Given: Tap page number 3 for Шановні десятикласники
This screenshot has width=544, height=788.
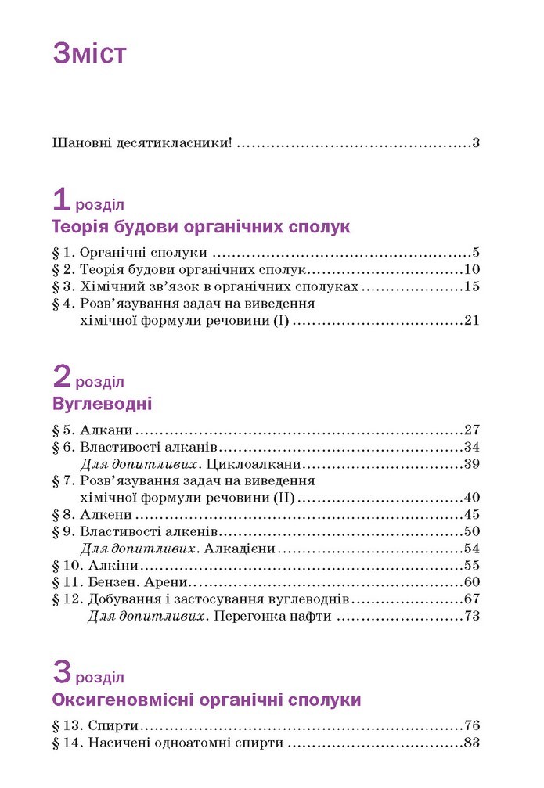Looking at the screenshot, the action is click(x=475, y=143).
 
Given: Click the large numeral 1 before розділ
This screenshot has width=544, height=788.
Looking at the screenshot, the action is click(x=62, y=200).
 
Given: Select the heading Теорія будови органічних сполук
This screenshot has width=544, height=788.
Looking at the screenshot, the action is click(x=200, y=228).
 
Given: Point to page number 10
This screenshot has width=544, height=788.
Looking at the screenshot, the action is click(x=470, y=269).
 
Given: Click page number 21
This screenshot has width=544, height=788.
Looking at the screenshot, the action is click(x=470, y=320).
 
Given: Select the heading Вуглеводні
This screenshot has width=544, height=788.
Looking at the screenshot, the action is click(x=102, y=405).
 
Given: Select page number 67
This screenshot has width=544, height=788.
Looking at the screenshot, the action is click(x=470, y=599).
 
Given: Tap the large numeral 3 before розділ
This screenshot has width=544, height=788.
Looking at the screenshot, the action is click(x=62, y=672).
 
